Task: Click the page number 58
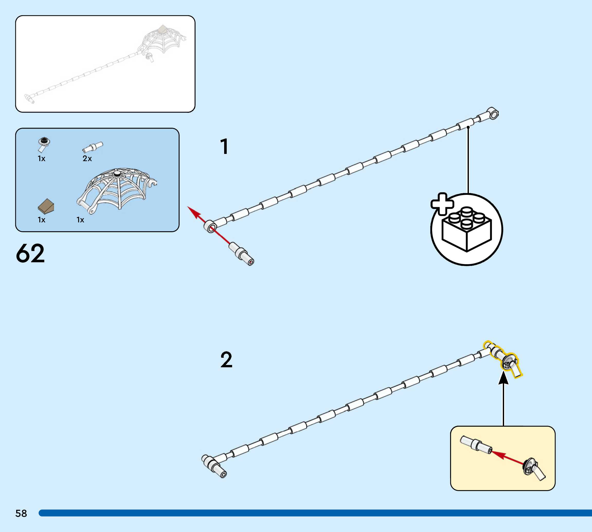[x=21, y=513]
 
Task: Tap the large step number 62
[x=30, y=254]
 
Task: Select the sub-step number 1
[x=224, y=146]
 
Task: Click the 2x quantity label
[x=87, y=159]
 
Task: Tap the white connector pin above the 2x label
[x=93, y=147]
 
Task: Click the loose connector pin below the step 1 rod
[x=241, y=254]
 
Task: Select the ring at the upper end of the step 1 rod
[x=493, y=113]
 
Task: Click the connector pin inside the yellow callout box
[x=476, y=446]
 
